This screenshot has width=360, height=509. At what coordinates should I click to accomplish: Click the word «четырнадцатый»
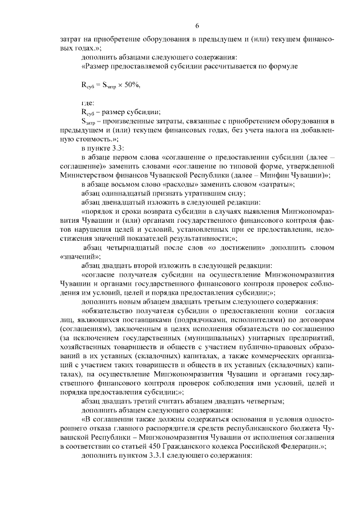pos(133,247)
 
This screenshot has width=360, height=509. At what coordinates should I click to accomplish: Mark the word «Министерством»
pos(85,175)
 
